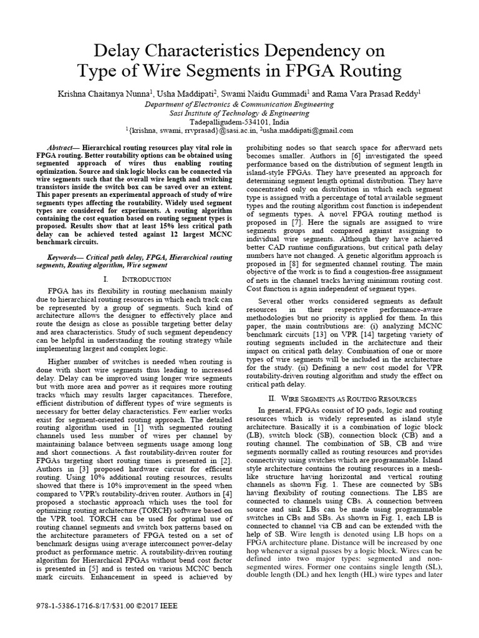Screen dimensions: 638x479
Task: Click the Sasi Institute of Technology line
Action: click(239, 113)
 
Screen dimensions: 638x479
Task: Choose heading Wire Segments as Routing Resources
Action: click(346, 398)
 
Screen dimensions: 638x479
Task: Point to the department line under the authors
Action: click(239, 104)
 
